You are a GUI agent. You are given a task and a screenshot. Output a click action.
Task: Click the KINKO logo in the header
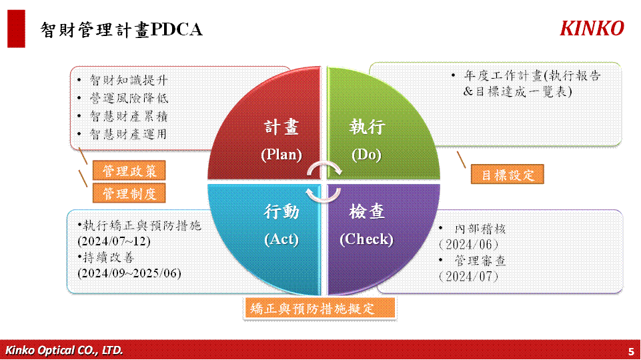tap(592, 29)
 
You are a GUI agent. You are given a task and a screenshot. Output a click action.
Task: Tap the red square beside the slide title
tap(17, 29)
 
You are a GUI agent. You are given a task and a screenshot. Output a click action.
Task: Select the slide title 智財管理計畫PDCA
tap(121, 30)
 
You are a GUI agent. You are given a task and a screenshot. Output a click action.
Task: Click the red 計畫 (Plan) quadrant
tap(270, 131)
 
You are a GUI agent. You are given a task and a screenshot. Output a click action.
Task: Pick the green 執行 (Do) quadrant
tap(376, 131)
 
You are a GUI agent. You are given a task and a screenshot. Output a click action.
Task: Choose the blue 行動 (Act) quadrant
tap(270, 233)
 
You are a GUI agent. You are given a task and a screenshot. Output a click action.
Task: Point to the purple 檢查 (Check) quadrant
tap(376, 233)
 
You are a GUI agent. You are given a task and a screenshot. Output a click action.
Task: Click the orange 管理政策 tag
tap(129, 171)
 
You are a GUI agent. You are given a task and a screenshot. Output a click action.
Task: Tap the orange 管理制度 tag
tap(129, 193)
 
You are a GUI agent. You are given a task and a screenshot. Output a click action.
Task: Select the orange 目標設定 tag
tap(508, 175)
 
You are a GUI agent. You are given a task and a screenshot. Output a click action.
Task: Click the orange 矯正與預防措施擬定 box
tap(319, 308)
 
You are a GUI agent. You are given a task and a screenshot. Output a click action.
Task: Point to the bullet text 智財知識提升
tap(129, 80)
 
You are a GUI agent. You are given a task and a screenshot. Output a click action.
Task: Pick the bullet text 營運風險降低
tap(129, 98)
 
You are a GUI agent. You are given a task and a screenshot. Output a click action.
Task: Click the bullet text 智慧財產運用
tap(128, 134)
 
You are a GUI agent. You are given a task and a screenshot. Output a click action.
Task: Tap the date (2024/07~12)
tap(114, 241)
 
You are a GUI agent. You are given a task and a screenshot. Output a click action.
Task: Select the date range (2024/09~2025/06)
tap(129, 273)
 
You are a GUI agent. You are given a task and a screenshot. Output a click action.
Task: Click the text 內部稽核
tap(480, 229)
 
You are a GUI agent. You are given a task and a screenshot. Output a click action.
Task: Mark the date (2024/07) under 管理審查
tap(468, 277)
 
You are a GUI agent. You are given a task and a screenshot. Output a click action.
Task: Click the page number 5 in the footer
tap(631, 351)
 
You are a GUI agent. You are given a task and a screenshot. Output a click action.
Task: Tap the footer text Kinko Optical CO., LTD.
tap(64, 350)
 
